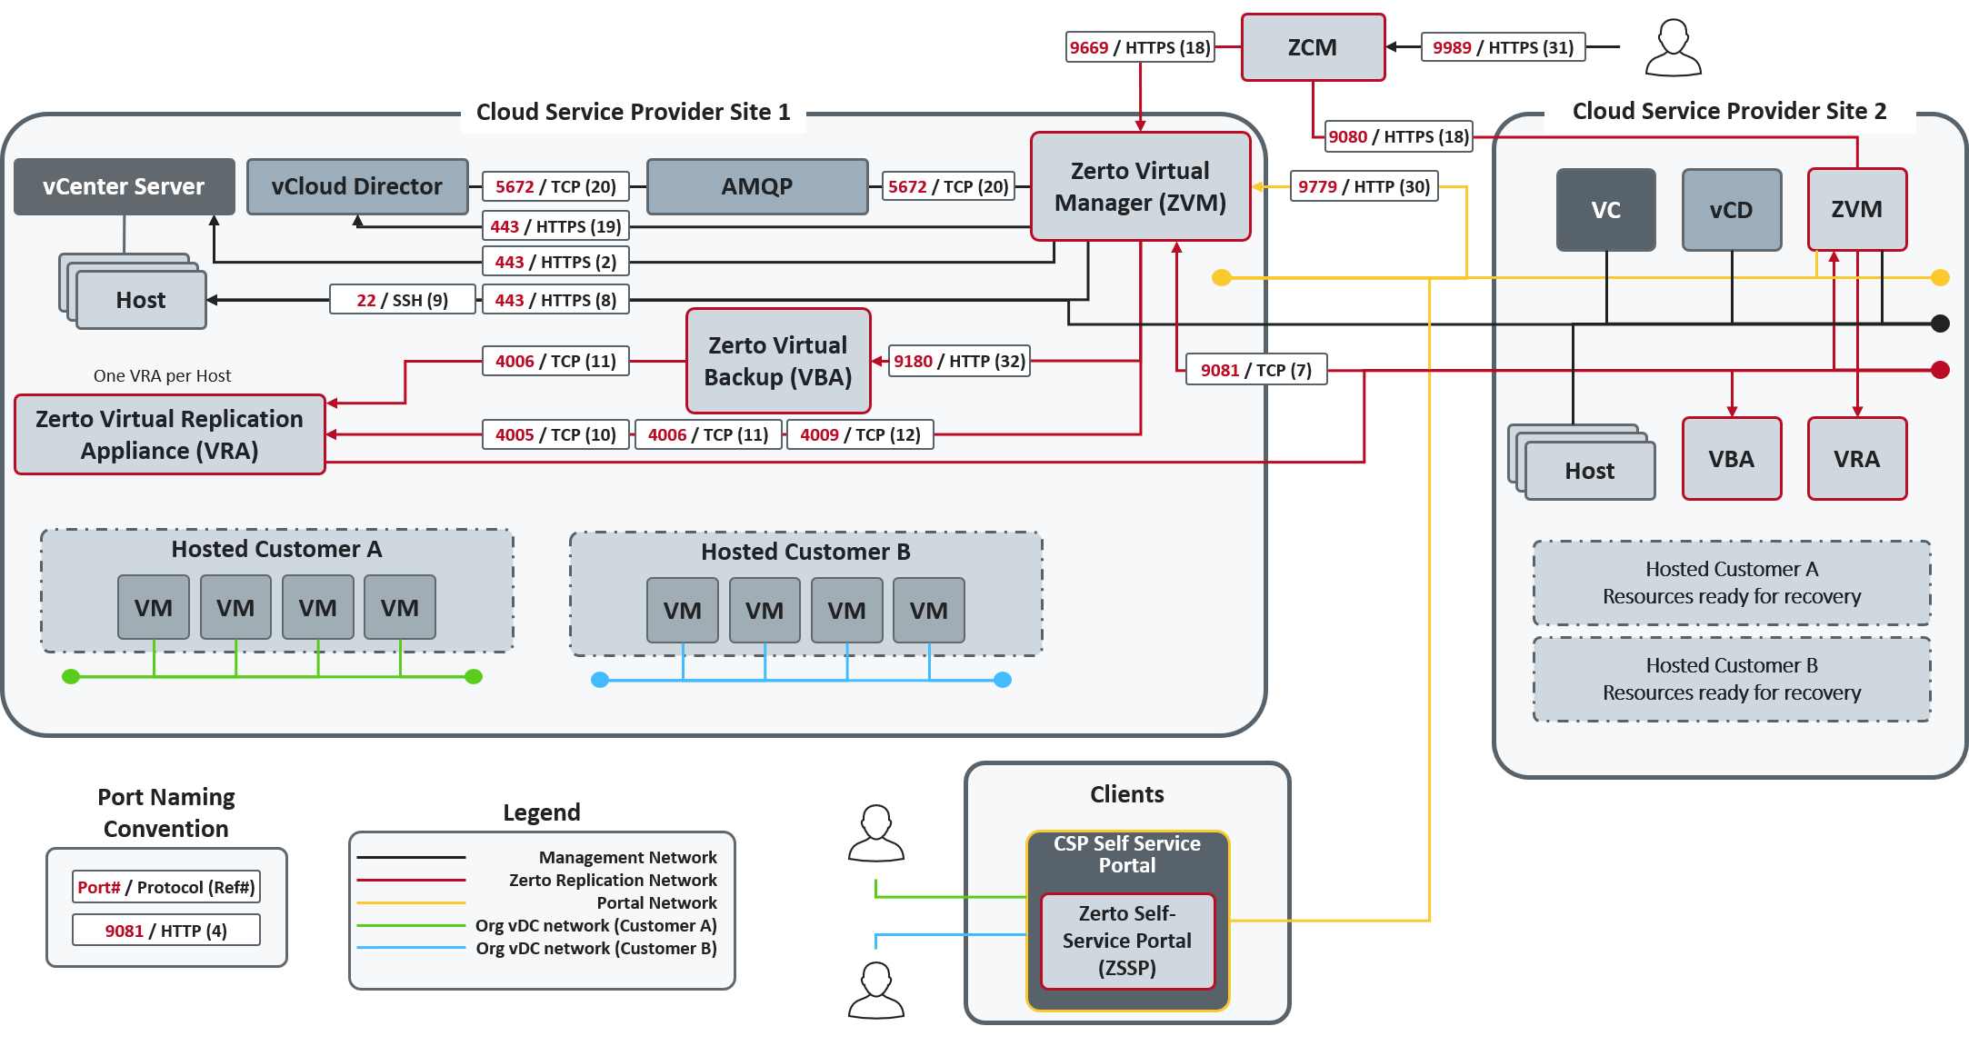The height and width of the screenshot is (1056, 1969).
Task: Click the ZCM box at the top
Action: pyautogui.click(x=1313, y=47)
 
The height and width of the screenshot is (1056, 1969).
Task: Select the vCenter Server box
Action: pyautogui.click(x=125, y=186)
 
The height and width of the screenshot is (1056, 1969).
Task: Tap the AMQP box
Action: pyautogui.click(x=757, y=186)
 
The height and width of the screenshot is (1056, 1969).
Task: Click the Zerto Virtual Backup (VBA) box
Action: pyautogui.click(x=778, y=361)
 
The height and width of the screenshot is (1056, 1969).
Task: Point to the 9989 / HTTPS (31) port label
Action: pyautogui.click(x=1503, y=47)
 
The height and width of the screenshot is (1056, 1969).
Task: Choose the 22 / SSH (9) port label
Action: pyautogui.click(x=402, y=300)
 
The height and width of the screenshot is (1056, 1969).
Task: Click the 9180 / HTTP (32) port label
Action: pyautogui.click(x=959, y=361)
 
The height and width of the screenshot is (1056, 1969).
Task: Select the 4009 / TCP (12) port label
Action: pyautogui.click(x=860, y=434)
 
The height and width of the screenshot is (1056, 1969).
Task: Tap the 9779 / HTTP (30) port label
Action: pyautogui.click(x=1364, y=186)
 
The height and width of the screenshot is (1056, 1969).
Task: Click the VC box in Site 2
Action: pyautogui.click(x=1605, y=210)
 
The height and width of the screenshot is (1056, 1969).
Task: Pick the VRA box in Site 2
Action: pyautogui.click(x=1856, y=459)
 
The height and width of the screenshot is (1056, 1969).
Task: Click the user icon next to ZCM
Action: pyautogui.click(x=1673, y=49)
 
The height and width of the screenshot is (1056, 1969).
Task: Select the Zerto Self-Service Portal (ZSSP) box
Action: pyautogui.click(x=1127, y=941)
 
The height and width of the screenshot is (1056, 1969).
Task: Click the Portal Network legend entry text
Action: pyautogui.click(x=656, y=902)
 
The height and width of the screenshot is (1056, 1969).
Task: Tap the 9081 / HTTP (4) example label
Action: pyautogui.click(x=165, y=931)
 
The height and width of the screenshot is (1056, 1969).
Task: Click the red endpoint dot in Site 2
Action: pyautogui.click(x=1940, y=370)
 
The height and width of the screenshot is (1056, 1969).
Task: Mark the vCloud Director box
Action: pyautogui.click(x=357, y=186)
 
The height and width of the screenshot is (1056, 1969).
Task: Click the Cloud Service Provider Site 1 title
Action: pyautogui.click(x=633, y=112)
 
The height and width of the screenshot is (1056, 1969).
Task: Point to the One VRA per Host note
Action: pyautogui.click(x=162, y=375)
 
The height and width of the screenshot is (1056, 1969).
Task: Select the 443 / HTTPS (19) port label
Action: pyautogui.click(x=555, y=226)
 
